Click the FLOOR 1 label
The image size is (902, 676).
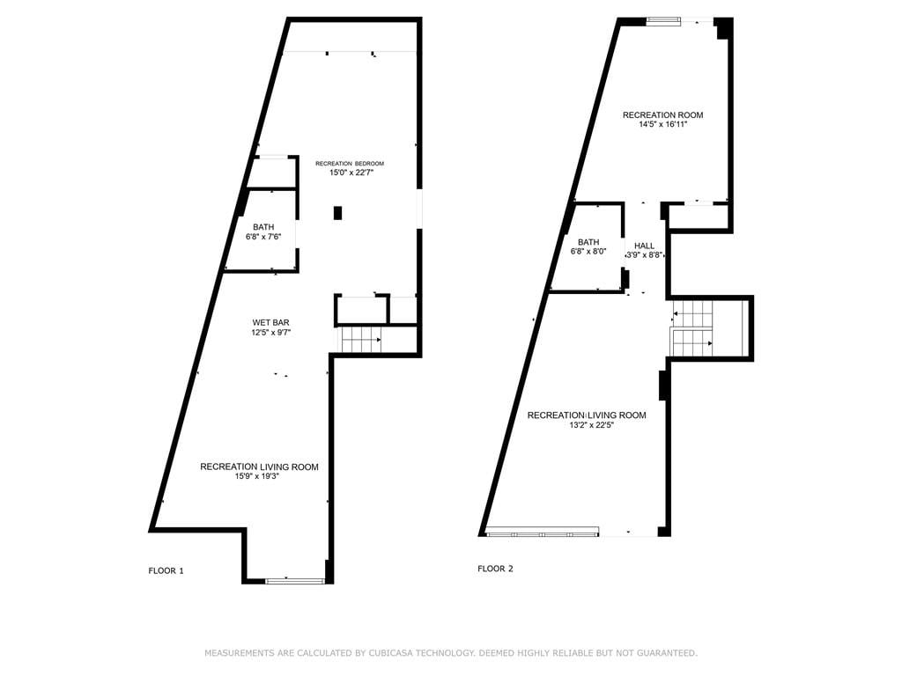166,570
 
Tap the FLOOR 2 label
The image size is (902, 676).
495,569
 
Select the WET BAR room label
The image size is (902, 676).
271,322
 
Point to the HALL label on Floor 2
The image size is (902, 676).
644,246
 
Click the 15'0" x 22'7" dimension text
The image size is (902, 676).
351,172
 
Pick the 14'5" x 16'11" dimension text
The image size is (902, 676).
662,123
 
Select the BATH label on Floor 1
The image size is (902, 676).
263,227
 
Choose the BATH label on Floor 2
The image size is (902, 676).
588,242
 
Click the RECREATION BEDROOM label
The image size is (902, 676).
350,163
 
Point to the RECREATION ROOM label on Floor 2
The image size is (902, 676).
662,115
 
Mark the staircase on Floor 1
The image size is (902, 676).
359,339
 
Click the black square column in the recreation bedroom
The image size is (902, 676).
337,213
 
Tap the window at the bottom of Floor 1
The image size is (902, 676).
295,581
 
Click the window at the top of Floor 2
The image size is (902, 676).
663,21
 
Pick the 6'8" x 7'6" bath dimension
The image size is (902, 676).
263,236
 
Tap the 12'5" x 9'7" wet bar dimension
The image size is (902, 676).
271,332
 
